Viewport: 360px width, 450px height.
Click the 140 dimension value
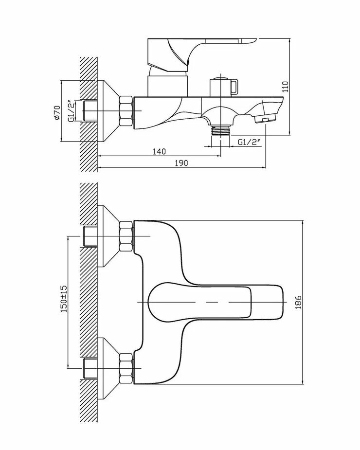point(159,151)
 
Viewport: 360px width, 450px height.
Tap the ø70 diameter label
point(56,111)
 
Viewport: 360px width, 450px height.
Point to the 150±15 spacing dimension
point(64,299)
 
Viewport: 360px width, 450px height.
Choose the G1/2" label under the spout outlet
point(250,142)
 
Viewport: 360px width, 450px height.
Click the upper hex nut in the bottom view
point(126,236)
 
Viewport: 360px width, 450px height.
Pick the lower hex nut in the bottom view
point(126,367)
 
